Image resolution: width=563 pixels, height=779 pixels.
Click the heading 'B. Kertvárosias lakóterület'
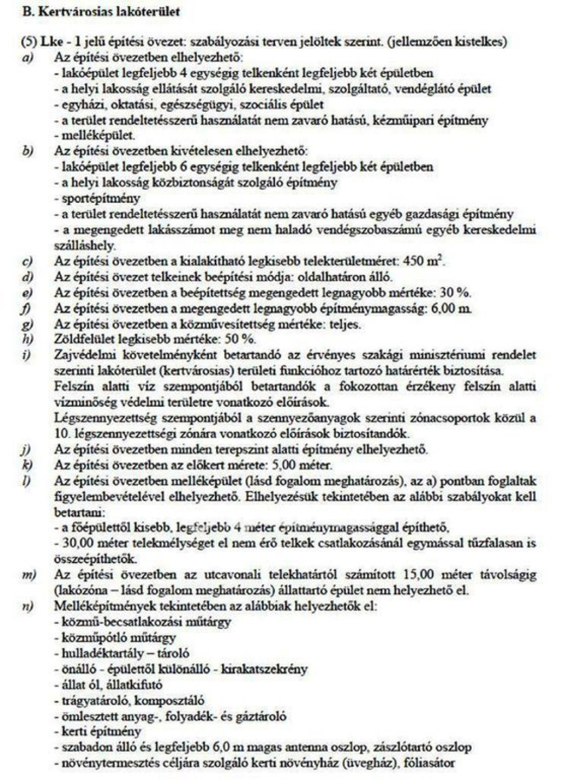pos(102,13)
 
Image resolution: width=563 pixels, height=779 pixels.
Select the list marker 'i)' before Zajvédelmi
pos(25,355)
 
